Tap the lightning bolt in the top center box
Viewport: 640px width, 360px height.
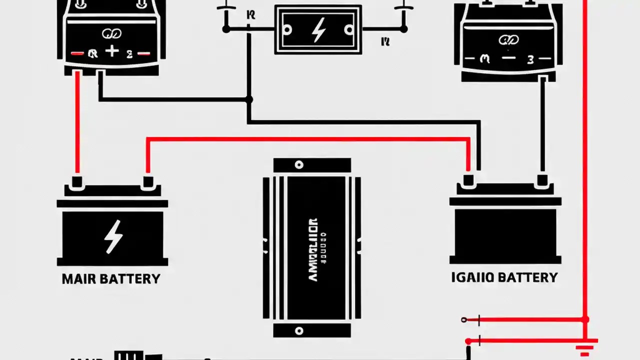coord(317,30)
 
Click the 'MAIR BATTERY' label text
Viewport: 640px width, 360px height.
coord(111,279)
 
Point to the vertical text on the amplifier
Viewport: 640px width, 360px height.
coord(313,248)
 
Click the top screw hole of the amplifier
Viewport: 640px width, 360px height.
coord(299,165)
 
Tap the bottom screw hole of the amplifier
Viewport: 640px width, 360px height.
coord(299,330)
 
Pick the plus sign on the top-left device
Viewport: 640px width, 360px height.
coord(112,51)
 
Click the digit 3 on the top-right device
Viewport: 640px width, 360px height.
coord(530,59)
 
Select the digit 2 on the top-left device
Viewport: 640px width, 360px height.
coord(129,54)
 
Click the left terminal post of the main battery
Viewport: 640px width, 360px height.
coord(76,181)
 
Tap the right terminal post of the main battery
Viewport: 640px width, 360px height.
coord(147,181)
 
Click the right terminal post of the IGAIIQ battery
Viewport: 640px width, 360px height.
coord(541,180)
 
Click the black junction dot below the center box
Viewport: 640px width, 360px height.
coord(248,99)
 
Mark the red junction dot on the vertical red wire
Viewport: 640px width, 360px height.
coord(585,319)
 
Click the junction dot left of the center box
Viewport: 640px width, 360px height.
coord(226,29)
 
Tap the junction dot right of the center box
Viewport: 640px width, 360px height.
coord(403,29)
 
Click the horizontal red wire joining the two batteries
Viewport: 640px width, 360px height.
coord(307,139)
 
